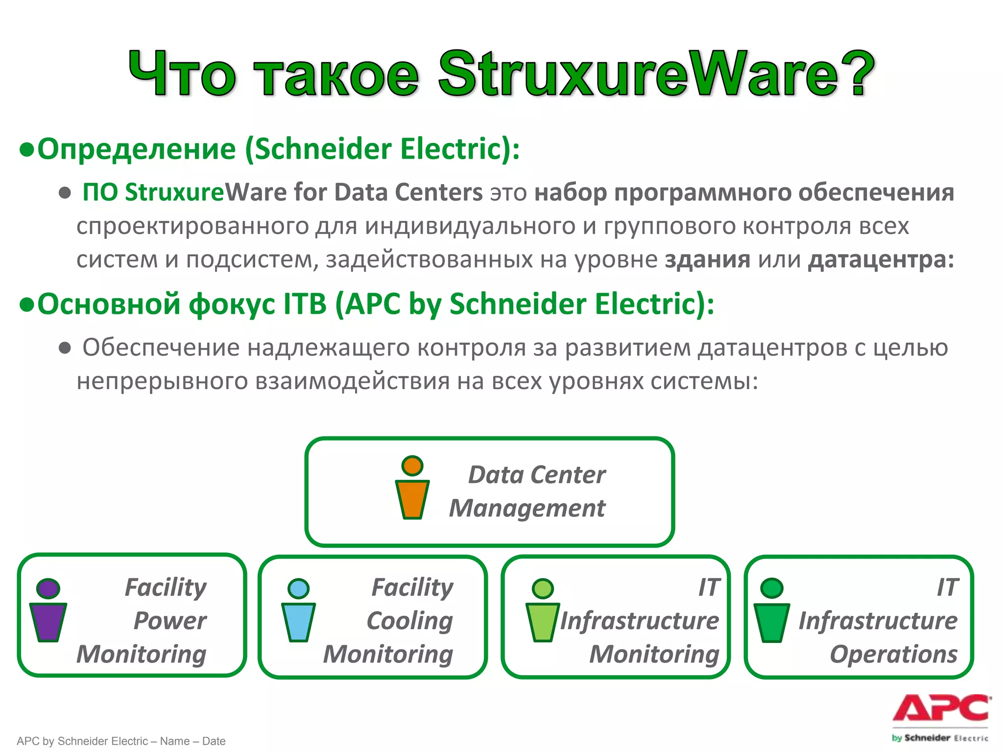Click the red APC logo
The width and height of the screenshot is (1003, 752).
pos(941,708)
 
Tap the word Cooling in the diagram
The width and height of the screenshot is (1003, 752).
pos(410,621)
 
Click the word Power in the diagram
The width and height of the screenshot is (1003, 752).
pos(169,621)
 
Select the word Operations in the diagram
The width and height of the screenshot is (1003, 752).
pos(893,654)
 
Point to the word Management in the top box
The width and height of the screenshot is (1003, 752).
pos(527,508)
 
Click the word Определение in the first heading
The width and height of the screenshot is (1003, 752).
pos(137,149)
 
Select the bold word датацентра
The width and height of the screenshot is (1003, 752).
pos(881,259)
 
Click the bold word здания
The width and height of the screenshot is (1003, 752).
pos(707,259)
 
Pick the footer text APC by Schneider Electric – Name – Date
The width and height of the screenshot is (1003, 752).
pos(121,741)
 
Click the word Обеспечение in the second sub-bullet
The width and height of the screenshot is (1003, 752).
pos(161,348)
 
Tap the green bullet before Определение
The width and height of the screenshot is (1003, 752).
pos(26,150)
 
